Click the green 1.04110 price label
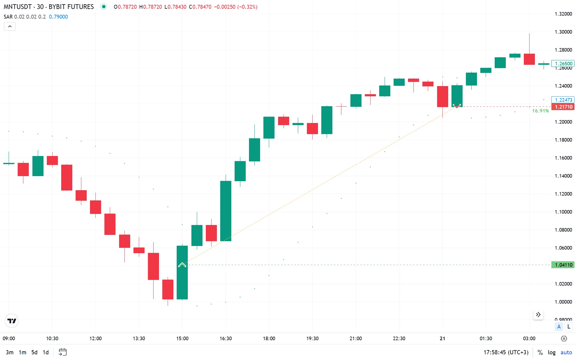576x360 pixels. (x=563, y=265)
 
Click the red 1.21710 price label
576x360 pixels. (x=563, y=107)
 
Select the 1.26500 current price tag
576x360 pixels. (x=563, y=64)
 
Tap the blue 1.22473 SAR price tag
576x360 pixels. (x=563, y=100)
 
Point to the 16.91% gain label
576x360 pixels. (x=540, y=111)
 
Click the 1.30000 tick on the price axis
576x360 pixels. (x=563, y=32)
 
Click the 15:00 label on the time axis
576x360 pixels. (x=182, y=338)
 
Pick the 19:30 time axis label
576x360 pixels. (x=312, y=338)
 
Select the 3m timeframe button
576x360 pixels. (x=10, y=352)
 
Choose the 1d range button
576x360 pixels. (x=46, y=352)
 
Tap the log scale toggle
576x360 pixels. (x=551, y=352)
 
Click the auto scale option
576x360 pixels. (x=566, y=352)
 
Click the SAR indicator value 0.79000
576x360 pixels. (x=58, y=17)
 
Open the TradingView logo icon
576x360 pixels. (x=12, y=321)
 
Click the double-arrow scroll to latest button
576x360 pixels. (x=538, y=315)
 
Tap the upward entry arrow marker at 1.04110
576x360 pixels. (x=182, y=265)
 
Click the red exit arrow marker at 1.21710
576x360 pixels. (x=457, y=106)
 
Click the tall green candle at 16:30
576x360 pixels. (x=226, y=211)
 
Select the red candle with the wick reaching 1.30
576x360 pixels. (x=529, y=59)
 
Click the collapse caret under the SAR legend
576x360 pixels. (x=10, y=26)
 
